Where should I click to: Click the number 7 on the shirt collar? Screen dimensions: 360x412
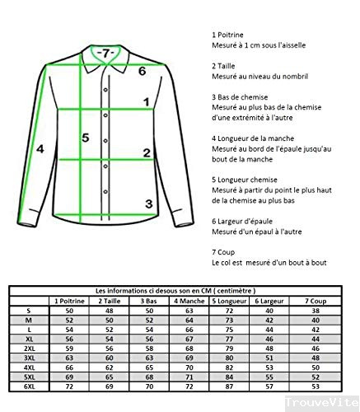tap(103, 53)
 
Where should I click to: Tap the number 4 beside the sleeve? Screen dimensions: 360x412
tap(40, 149)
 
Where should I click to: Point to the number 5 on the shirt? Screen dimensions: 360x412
tap(84, 138)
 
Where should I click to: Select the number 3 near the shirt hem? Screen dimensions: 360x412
tap(148, 204)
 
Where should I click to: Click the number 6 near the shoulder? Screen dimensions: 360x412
tap(142, 72)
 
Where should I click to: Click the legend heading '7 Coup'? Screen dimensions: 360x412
tap(225, 251)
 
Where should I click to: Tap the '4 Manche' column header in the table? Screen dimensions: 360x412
tap(188, 300)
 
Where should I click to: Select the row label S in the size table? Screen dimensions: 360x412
tap(29, 310)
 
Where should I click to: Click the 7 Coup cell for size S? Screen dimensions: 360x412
tap(314, 310)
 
